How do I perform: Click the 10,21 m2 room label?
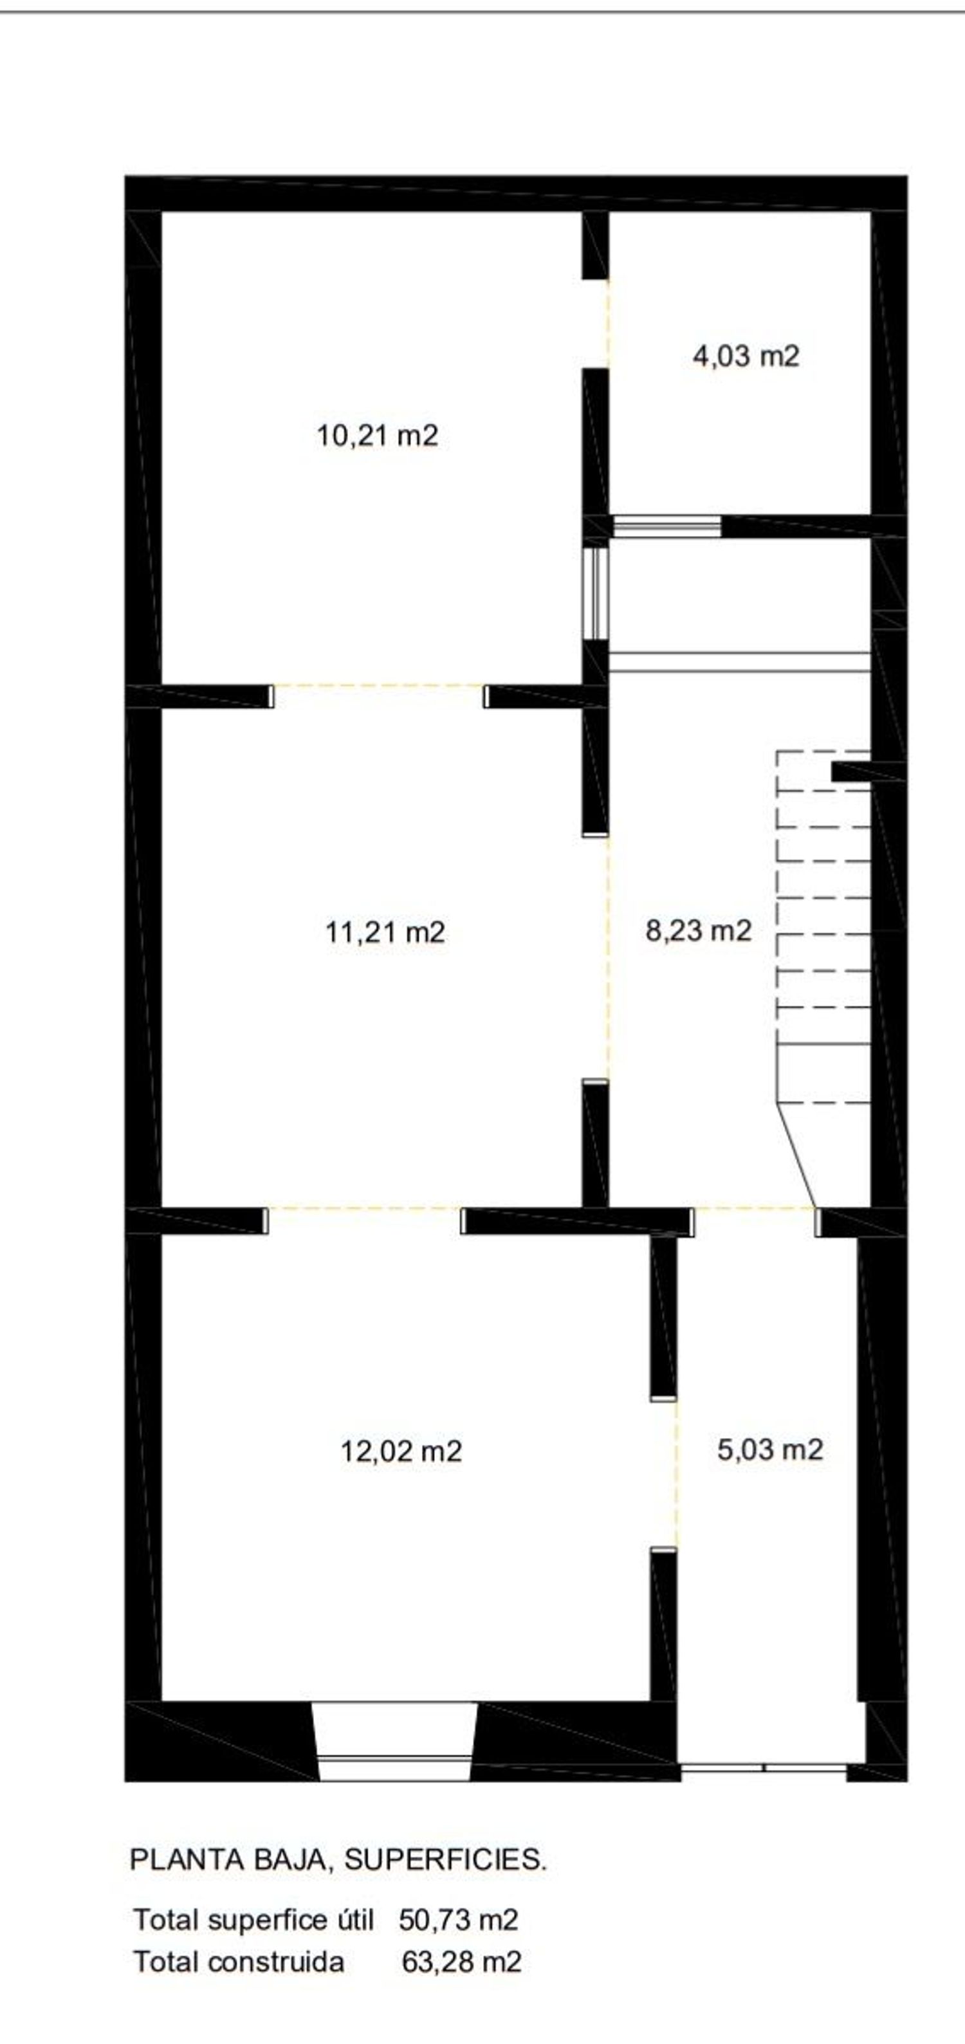point(378,436)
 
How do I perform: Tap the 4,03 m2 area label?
point(746,356)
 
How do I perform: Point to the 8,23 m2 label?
point(699,930)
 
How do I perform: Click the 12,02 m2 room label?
point(401,1451)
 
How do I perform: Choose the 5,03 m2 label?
point(770,1450)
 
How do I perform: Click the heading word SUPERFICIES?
point(445,1860)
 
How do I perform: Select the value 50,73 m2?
point(459,1920)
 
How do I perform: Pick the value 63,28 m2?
point(462,1962)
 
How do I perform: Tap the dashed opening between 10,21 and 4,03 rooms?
point(609,324)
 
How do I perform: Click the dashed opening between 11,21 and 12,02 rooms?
point(364,1208)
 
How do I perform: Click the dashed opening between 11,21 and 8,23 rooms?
point(609,959)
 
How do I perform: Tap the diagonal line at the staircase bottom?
point(796,1156)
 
